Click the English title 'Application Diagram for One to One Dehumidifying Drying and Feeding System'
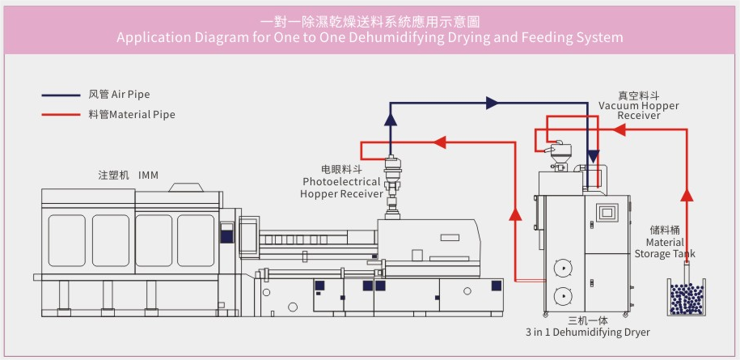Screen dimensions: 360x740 [370, 37]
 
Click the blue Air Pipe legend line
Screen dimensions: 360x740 [61, 95]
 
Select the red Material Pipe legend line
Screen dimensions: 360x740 [61, 115]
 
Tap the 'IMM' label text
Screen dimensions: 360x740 [148, 175]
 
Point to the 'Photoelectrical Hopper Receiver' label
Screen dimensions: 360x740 [340, 188]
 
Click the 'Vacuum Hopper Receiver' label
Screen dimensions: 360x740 [639, 110]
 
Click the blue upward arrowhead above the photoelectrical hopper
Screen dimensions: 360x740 [391, 118]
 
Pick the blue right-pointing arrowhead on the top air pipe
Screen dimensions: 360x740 [492, 104]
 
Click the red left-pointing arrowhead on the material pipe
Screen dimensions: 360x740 [440, 142]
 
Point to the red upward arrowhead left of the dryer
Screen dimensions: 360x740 [514, 214]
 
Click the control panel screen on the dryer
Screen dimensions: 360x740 [607, 213]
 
